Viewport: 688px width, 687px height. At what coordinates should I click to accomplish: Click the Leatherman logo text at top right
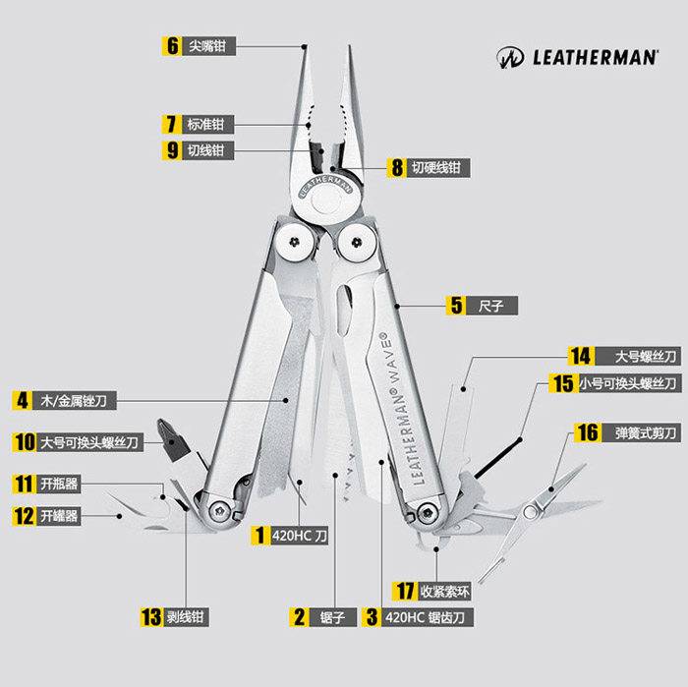(594, 57)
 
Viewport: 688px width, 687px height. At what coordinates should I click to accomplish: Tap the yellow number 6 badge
(173, 46)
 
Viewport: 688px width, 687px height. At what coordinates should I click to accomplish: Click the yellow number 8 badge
(397, 167)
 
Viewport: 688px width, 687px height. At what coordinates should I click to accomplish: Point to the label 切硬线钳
(435, 168)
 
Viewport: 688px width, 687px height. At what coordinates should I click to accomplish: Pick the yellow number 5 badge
(455, 305)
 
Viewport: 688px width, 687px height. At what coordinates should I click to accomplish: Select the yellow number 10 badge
(24, 442)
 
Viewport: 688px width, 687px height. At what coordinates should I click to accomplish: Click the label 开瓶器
(58, 484)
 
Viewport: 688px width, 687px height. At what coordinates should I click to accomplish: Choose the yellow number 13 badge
(150, 617)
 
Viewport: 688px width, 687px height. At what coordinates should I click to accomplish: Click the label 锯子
(332, 617)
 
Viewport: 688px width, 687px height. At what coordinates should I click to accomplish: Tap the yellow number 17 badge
(404, 592)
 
